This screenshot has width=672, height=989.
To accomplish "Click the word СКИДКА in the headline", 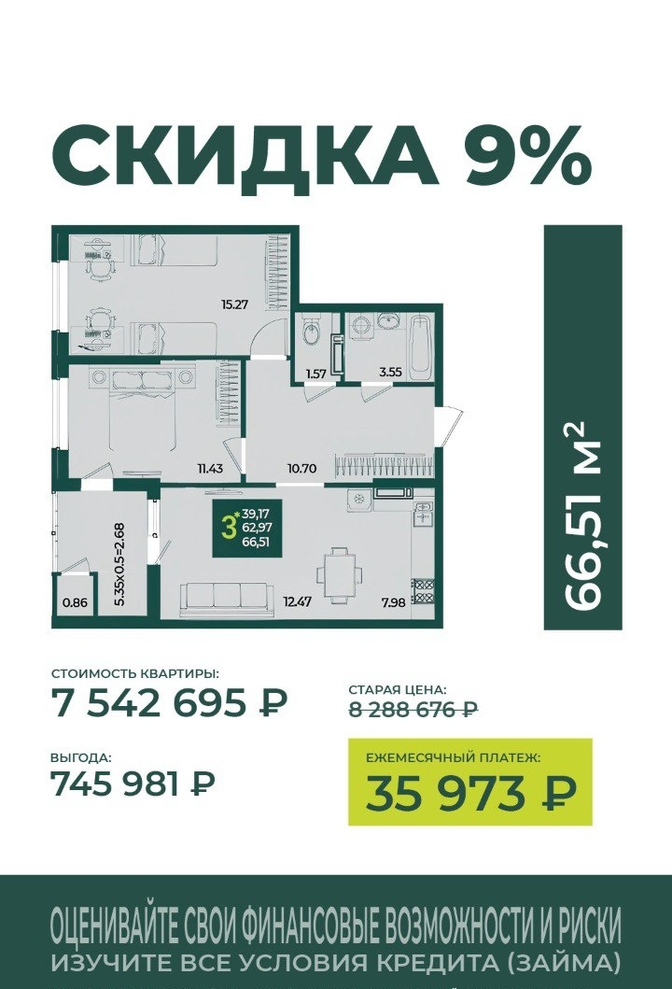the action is click(245, 154).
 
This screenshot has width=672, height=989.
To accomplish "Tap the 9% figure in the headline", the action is click(526, 154).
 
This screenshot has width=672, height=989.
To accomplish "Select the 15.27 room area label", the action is click(234, 304).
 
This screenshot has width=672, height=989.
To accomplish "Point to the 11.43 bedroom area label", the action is click(210, 468).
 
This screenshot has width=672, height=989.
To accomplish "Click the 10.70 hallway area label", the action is click(301, 468).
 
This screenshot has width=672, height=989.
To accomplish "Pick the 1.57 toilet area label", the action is click(315, 373).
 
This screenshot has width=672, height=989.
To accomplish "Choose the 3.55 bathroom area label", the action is click(390, 372).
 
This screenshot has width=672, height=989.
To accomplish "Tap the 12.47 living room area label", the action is click(298, 602).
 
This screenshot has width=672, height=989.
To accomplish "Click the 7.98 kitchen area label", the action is click(393, 602).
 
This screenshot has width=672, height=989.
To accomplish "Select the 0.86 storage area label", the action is click(75, 602).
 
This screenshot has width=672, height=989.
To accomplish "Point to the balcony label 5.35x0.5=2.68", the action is click(119, 564).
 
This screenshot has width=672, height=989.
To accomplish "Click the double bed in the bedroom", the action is click(143, 418).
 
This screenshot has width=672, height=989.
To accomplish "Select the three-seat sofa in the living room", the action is click(227, 600).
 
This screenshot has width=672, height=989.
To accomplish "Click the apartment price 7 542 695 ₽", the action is click(170, 703).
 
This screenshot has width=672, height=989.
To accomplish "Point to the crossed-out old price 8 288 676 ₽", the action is click(413, 710).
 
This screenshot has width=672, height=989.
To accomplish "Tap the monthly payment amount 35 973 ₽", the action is click(470, 794).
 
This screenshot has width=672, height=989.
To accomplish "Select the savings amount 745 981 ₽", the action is click(133, 784).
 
